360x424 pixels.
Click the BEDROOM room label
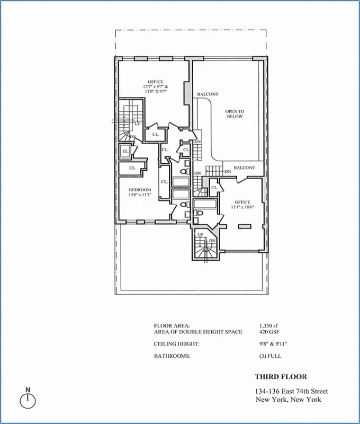140,190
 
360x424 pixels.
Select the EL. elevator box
125,152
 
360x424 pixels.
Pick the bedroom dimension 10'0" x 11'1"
140,195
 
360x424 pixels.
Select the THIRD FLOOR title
281,377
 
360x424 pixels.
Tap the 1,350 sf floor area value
269,325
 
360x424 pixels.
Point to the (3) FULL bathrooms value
271,356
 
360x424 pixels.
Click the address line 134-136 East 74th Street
288,392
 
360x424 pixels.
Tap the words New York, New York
288,400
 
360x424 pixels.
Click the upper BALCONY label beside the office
208,94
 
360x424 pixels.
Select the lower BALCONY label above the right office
244,167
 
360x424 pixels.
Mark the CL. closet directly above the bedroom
132,168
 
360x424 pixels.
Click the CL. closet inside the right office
215,187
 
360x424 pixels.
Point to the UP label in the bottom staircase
201,234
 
